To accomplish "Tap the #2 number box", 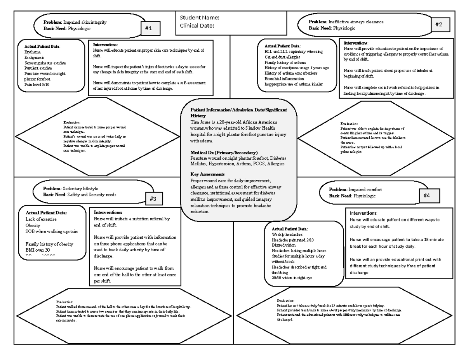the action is point(439,24).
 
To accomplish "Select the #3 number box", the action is point(153,199).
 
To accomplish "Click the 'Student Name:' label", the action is point(199,17).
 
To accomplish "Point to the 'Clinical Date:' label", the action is point(197,26).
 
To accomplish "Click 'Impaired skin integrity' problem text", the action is point(85,22).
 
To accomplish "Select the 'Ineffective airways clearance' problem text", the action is point(356,22).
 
